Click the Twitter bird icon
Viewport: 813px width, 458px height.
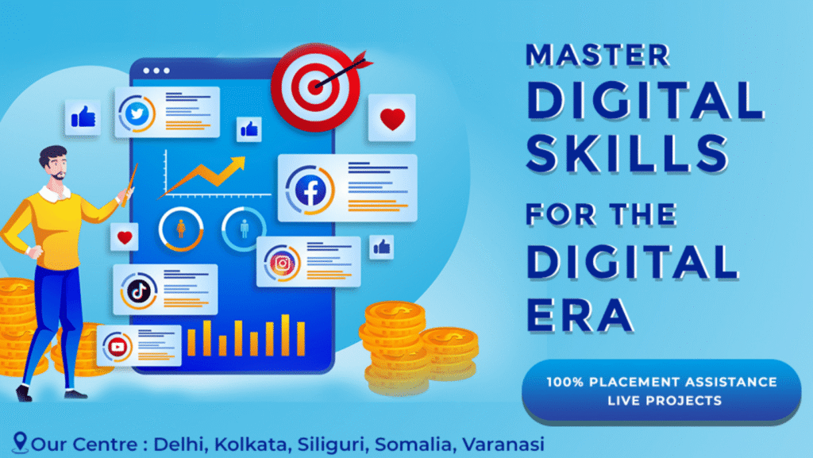point(138,113)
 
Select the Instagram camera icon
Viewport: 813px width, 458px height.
point(281,263)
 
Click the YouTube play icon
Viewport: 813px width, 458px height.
point(118,346)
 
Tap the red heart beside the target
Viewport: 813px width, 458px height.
point(391,120)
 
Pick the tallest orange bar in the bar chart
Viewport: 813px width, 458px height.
point(286,334)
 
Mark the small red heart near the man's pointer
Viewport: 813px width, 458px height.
point(124,237)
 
